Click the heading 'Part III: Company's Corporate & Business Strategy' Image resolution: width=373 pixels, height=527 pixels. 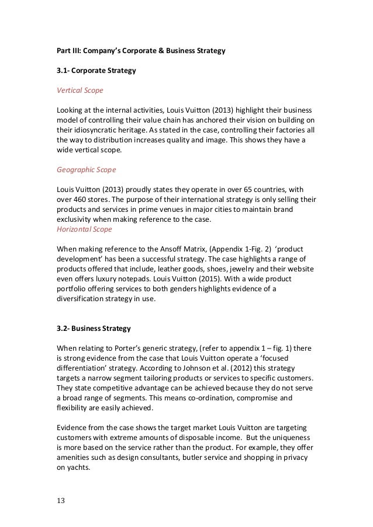(140, 51)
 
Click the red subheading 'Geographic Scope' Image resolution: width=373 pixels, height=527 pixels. (86, 170)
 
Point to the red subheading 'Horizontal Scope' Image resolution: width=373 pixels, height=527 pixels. (84, 229)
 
